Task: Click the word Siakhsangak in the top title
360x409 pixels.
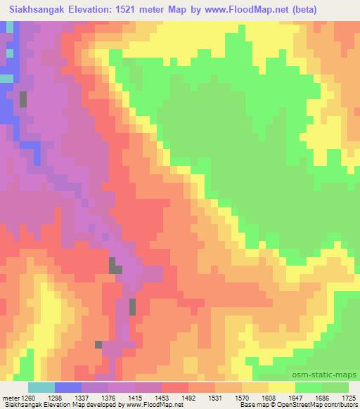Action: click(36, 10)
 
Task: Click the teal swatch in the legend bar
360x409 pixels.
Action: click(41, 387)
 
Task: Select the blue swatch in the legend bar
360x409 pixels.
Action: click(68, 387)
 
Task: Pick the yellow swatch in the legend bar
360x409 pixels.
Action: click(282, 387)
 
